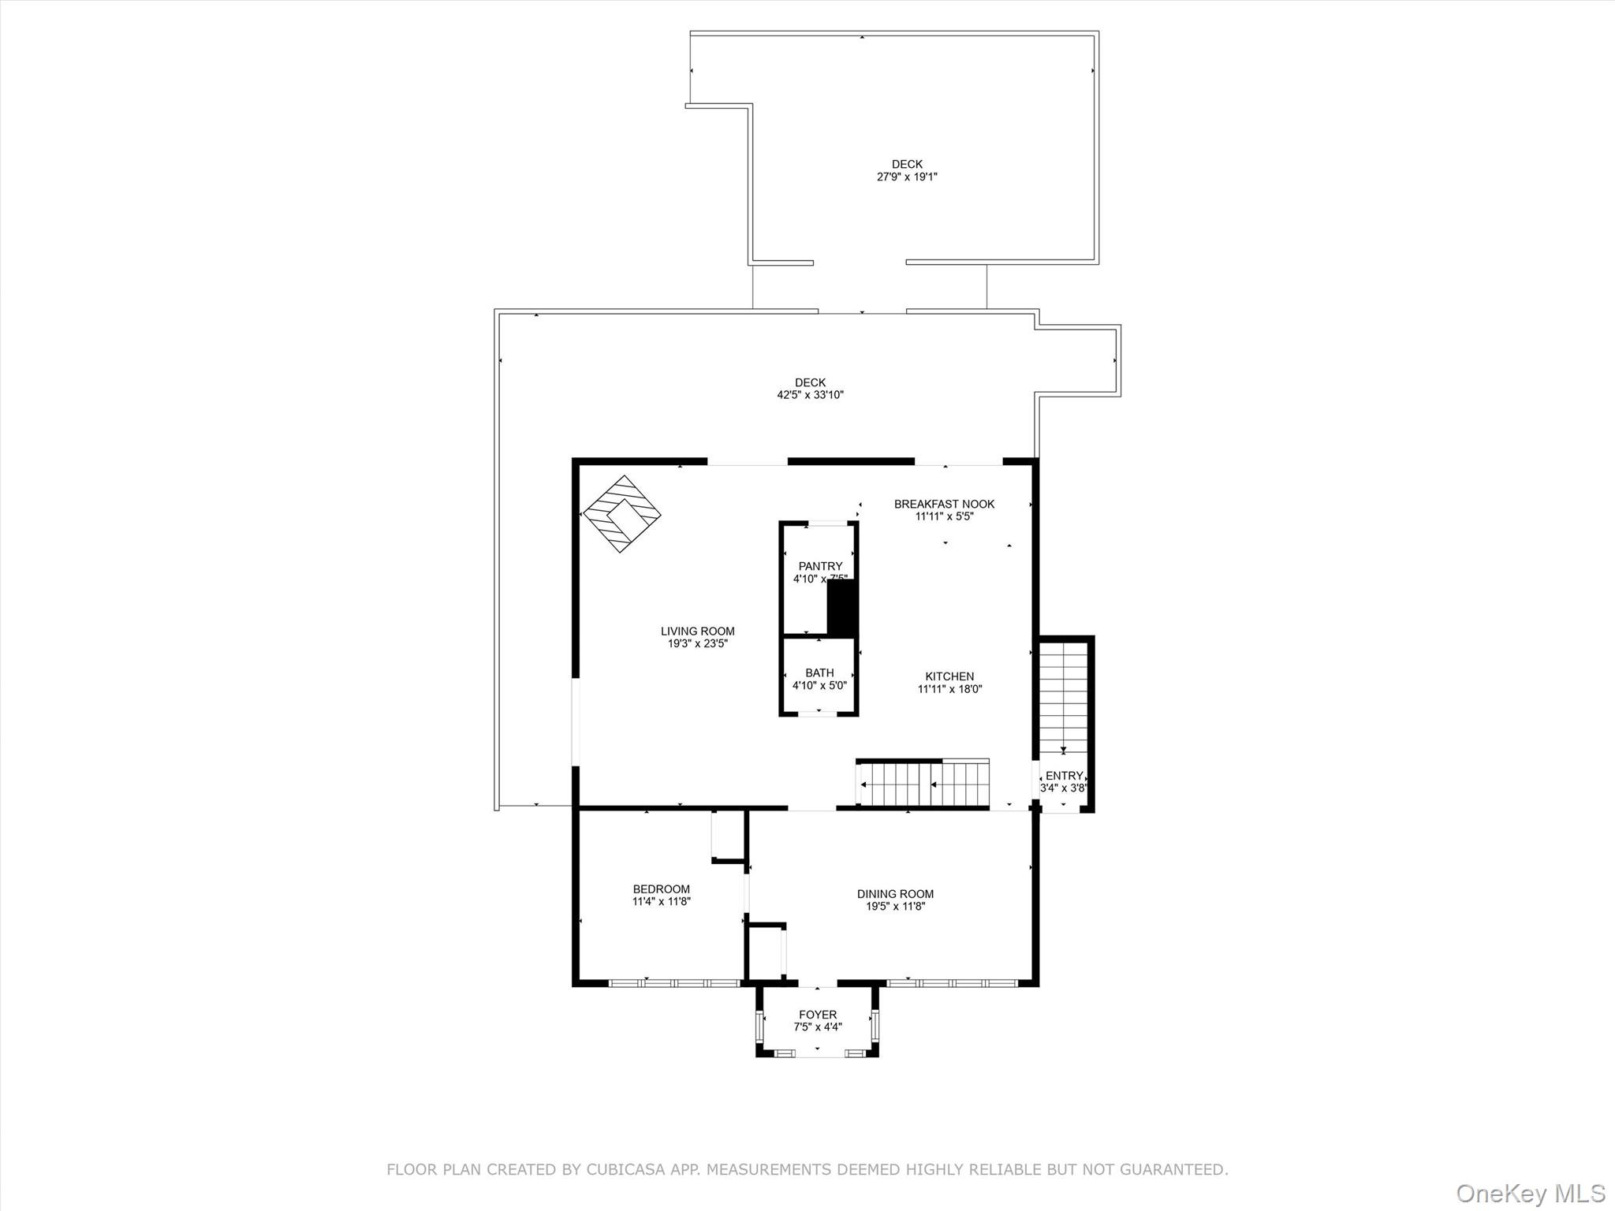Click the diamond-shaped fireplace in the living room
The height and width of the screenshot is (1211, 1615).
[x=621, y=514]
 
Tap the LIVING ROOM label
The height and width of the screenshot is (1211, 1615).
[x=697, y=631]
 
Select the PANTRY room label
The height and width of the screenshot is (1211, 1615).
[x=820, y=566]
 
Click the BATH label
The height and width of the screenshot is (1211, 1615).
[x=819, y=673]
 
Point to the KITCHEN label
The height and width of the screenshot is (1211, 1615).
[x=949, y=676]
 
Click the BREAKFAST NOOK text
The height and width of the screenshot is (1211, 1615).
[x=944, y=504]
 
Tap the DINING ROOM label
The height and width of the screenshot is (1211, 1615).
[x=895, y=894]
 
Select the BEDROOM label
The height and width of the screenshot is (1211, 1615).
[x=661, y=889]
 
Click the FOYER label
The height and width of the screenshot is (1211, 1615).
[x=818, y=1015]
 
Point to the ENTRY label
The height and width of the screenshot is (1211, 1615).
[x=1064, y=776]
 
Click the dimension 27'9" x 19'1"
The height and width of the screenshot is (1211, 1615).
[x=907, y=177]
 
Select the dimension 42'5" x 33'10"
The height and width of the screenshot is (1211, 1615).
[x=810, y=395]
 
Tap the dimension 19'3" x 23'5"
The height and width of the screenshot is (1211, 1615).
[x=697, y=643]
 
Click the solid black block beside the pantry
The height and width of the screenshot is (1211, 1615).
[x=841, y=609]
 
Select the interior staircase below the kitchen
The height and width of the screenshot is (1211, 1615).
[x=923, y=784]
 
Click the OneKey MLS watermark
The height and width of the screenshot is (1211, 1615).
[x=1530, y=1193]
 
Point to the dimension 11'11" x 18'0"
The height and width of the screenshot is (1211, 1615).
[x=949, y=689]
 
